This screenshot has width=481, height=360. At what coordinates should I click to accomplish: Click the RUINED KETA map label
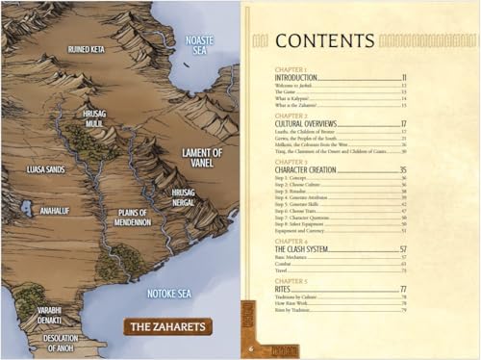coord(88,48)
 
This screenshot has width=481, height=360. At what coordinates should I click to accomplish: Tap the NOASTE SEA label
coord(198,44)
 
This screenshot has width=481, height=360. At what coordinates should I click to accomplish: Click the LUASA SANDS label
coord(45,168)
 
